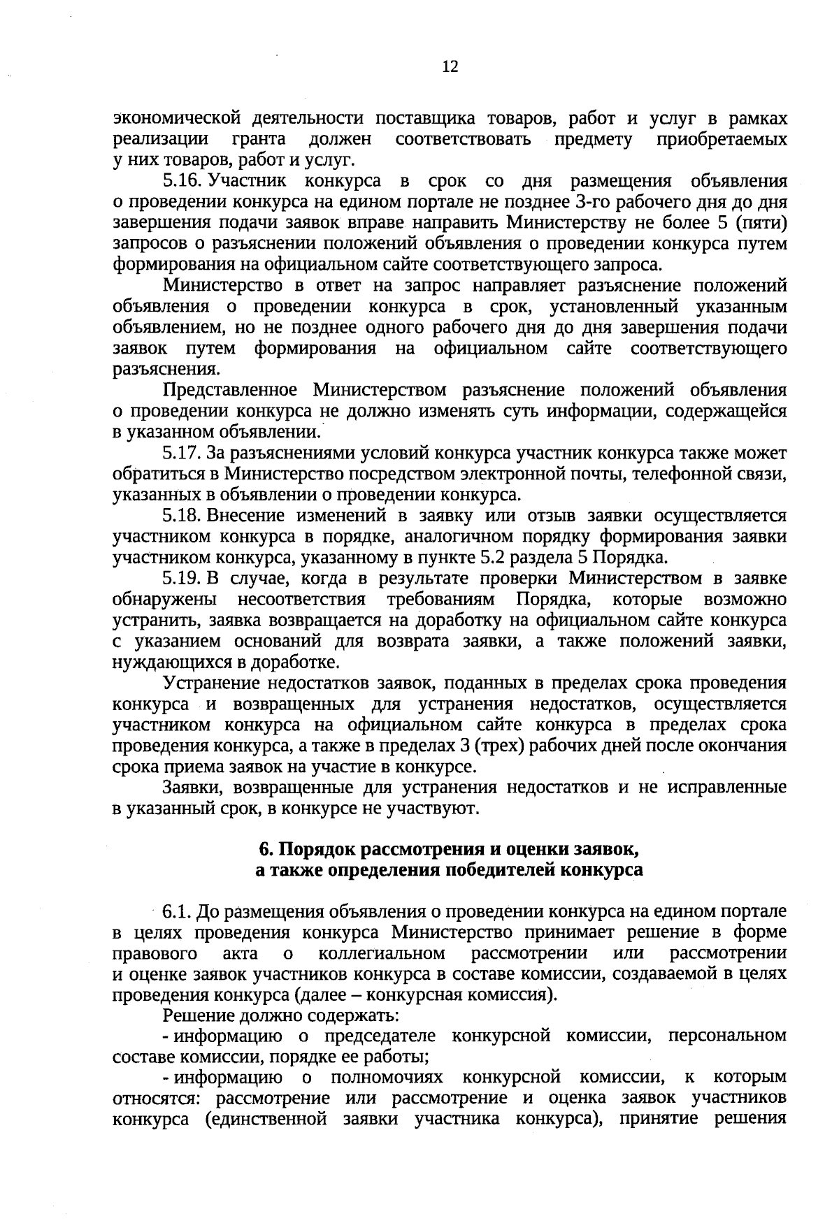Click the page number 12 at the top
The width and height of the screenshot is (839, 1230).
pyautogui.click(x=450, y=66)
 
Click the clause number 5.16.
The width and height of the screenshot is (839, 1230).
pyautogui.click(x=182, y=182)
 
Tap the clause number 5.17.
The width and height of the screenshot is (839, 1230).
pyautogui.click(x=182, y=453)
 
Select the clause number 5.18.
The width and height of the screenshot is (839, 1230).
pyautogui.click(x=182, y=516)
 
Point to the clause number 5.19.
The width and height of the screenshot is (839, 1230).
pyautogui.click(x=182, y=579)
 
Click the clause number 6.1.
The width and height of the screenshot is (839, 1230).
pyautogui.click(x=177, y=912)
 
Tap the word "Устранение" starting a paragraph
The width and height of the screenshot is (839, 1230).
pyautogui.click(x=212, y=683)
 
